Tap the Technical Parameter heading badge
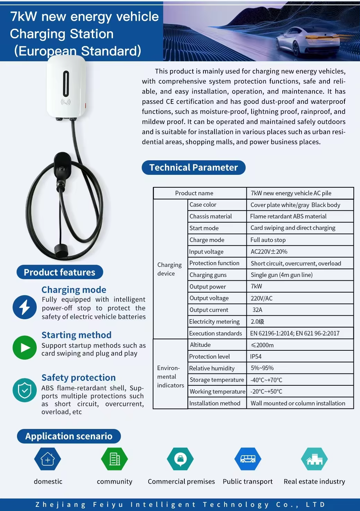click(x=193, y=168)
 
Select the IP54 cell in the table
click(x=256, y=357)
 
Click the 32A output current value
click(x=257, y=310)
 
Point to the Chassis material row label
click(x=211, y=216)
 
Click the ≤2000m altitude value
click(x=262, y=345)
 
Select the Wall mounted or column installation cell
click(x=298, y=403)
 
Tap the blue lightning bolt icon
click(x=25, y=307)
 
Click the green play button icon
click(x=25, y=348)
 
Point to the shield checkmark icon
click(x=25, y=390)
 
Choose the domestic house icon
click(x=48, y=459)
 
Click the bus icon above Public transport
click(x=248, y=459)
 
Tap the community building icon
click(x=114, y=459)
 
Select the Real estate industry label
click(x=314, y=482)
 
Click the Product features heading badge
click(x=60, y=272)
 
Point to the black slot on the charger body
click(x=66, y=83)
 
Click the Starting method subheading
click(x=77, y=335)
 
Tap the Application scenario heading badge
click(x=69, y=436)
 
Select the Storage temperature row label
click(x=217, y=380)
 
